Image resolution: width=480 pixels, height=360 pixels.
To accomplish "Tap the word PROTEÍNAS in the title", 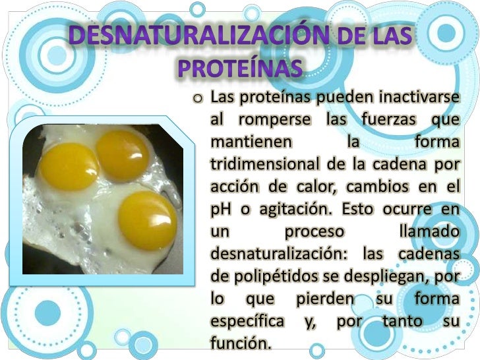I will click(x=241, y=67).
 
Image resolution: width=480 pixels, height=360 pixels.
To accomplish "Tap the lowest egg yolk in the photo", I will click(x=147, y=220).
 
